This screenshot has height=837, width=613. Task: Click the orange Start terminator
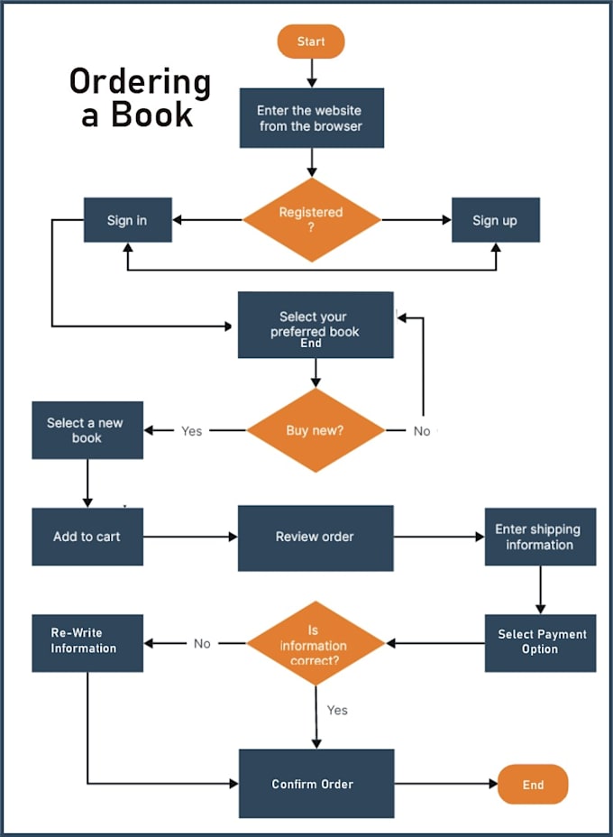310,41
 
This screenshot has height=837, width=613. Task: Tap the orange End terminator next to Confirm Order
533,784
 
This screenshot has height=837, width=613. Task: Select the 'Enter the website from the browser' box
311,118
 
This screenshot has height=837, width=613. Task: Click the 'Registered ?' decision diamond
311,219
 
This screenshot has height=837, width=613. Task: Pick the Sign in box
127,220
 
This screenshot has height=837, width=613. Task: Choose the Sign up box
495,220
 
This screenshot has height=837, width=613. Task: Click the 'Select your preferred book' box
315,325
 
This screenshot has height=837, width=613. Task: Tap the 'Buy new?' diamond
315,430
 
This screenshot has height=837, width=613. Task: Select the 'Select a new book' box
87,430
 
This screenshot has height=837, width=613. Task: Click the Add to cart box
87,536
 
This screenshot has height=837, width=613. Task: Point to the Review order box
315,537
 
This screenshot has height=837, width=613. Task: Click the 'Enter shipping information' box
539,537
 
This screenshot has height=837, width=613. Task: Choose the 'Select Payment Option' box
540,642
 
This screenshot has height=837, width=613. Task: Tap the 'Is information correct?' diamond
315,644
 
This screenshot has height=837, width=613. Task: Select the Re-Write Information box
87,642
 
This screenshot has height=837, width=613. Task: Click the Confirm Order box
316,784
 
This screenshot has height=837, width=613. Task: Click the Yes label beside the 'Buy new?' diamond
191,431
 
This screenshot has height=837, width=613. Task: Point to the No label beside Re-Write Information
202,644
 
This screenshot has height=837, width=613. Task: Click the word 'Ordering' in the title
140,83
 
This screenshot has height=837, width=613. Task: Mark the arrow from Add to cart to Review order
189,537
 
